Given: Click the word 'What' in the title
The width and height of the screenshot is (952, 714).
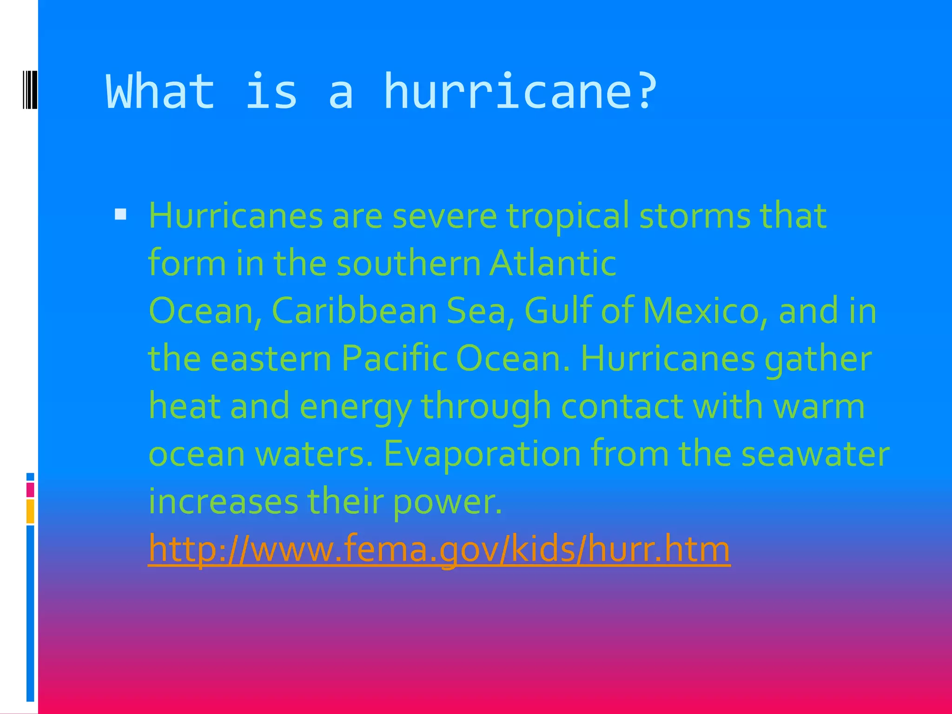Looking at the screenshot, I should (x=160, y=91).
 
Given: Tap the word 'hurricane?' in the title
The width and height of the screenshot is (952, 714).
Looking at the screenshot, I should (x=520, y=91).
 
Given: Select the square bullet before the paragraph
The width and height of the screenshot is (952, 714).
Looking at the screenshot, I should (x=120, y=214).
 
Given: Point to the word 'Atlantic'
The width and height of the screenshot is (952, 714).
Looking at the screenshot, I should (x=553, y=263).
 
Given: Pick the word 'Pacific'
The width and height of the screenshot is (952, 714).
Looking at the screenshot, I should (x=394, y=358).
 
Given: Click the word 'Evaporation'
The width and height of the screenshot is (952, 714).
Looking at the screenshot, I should (x=482, y=454).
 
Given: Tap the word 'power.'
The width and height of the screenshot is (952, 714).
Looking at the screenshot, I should (x=448, y=502).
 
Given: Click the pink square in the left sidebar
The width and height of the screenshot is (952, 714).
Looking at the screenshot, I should (x=30, y=490).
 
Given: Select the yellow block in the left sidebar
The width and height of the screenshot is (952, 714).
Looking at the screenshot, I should (x=30, y=511).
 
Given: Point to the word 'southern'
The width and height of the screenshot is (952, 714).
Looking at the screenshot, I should (x=409, y=263).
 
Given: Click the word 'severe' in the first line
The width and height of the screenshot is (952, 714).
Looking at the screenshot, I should (x=444, y=216).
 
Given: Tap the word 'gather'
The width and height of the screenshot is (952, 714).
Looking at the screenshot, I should (x=818, y=359).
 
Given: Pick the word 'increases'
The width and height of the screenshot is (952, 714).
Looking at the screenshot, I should (x=223, y=502).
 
